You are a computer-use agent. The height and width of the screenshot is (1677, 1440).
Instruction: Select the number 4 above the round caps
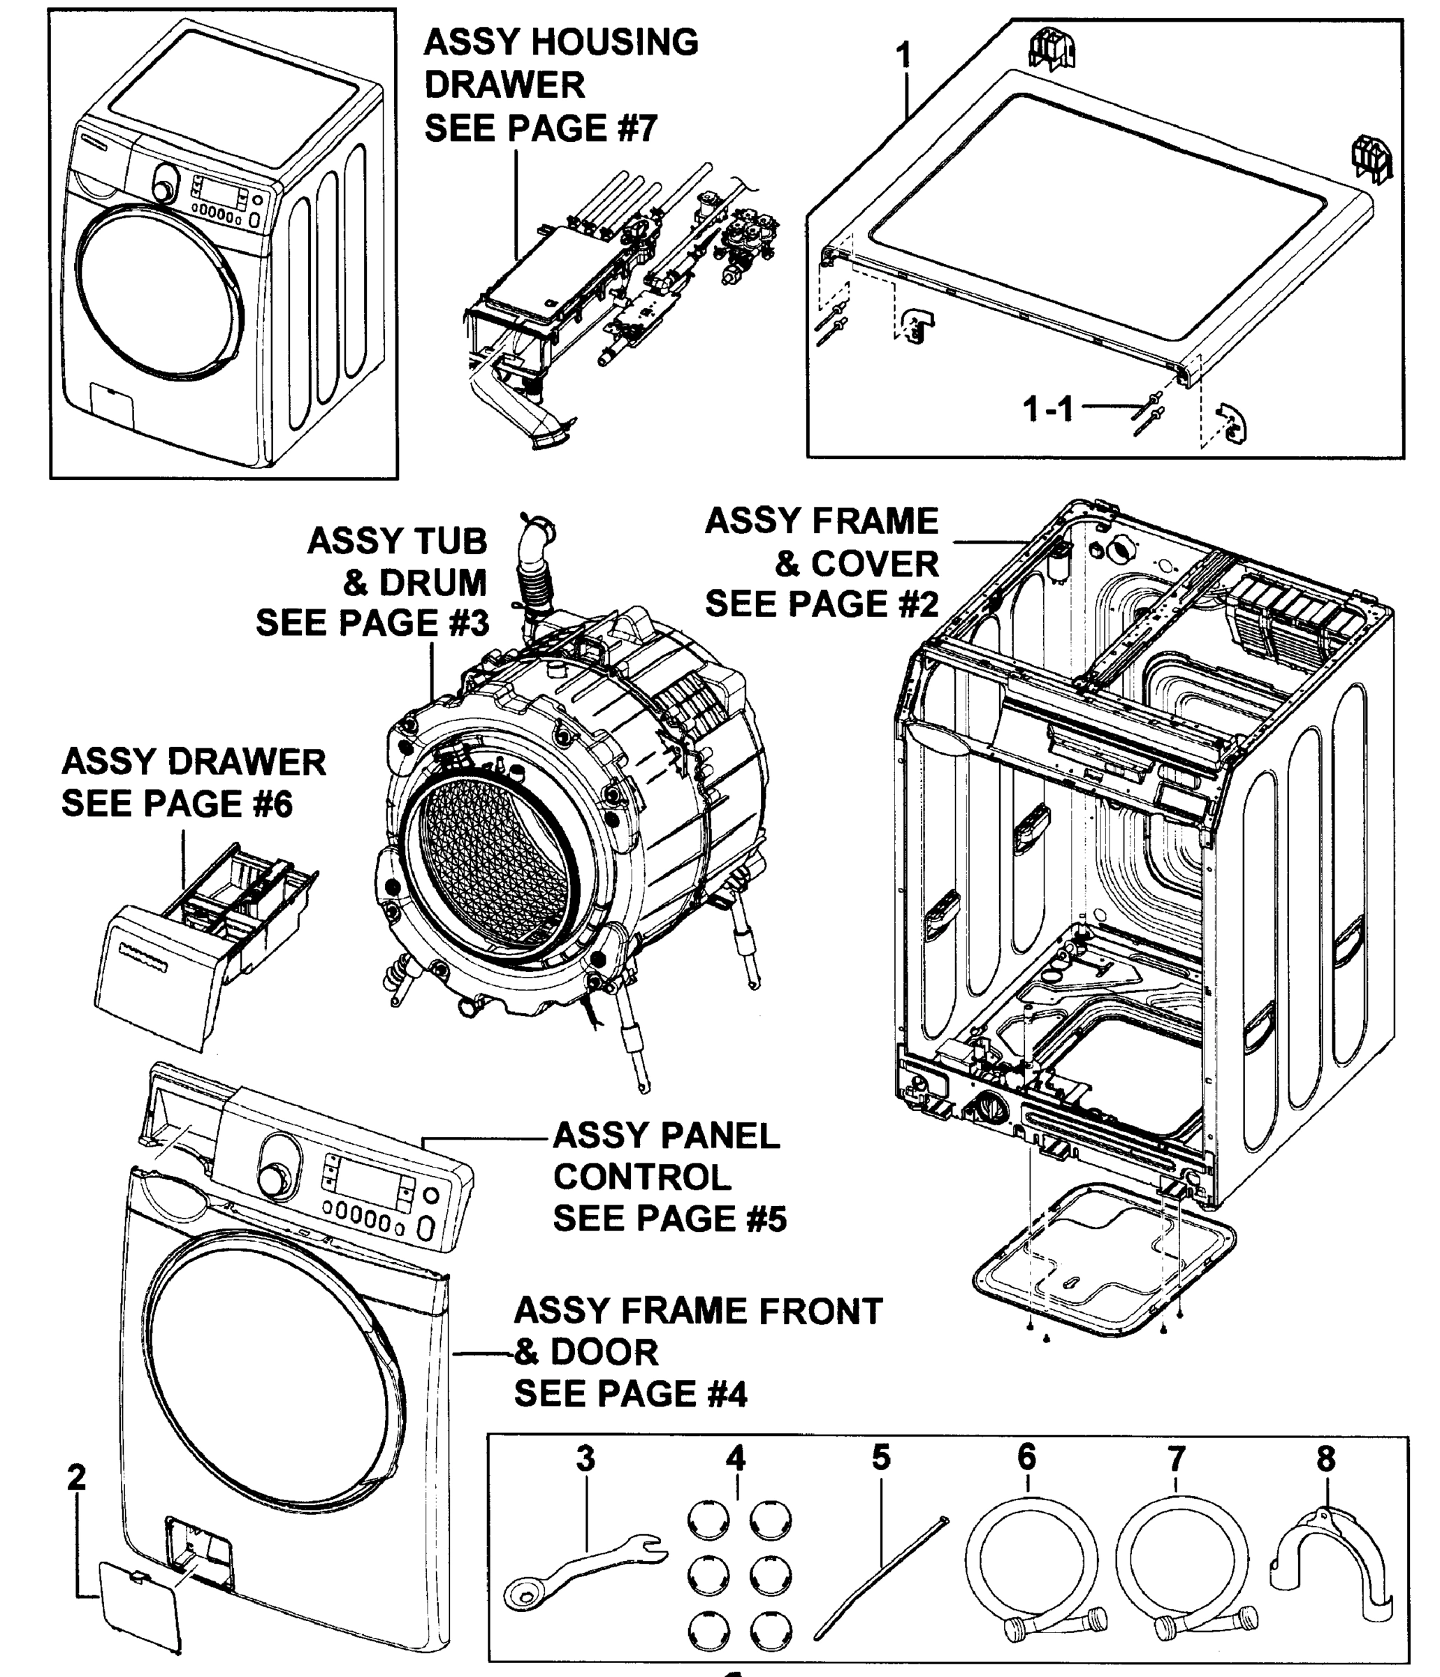click(735, 1458)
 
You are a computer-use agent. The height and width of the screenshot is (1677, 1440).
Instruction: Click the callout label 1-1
click(1047, 409)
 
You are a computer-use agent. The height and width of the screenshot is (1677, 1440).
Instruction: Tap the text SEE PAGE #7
click(540, 129)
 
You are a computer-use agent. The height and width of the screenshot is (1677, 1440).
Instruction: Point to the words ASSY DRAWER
click(194, 762)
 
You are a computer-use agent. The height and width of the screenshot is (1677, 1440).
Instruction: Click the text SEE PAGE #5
click(669, 1218)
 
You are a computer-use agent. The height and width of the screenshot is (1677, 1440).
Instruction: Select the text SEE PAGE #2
click(822, 604)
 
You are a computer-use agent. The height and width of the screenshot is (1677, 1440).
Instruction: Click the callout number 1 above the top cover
click(904, 57)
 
